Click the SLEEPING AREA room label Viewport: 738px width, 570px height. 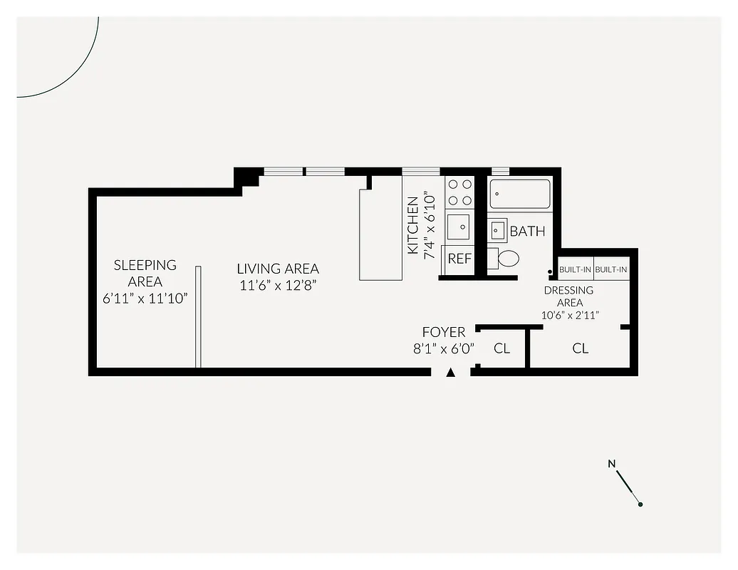(145, 273)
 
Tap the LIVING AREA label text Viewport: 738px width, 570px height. (278, 269)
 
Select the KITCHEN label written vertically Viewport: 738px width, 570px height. (413, 226)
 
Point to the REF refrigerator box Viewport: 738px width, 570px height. (459, 259)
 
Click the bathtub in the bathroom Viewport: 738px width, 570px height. (521, 194)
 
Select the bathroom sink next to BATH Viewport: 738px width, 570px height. (498, 232)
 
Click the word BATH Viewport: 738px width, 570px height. (527, 232)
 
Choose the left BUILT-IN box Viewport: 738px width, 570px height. (575, 269)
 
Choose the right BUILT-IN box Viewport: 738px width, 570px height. (611, 269)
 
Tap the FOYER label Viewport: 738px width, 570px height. (444, 332)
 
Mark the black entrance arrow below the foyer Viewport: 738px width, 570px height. (450, 372)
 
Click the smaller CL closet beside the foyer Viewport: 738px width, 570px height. (501, 348)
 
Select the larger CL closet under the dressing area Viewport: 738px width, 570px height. (581, 348)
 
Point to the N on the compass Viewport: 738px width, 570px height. (611, 465)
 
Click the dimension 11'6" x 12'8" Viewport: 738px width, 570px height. (278, 286)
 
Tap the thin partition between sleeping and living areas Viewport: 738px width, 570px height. (198, 317)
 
